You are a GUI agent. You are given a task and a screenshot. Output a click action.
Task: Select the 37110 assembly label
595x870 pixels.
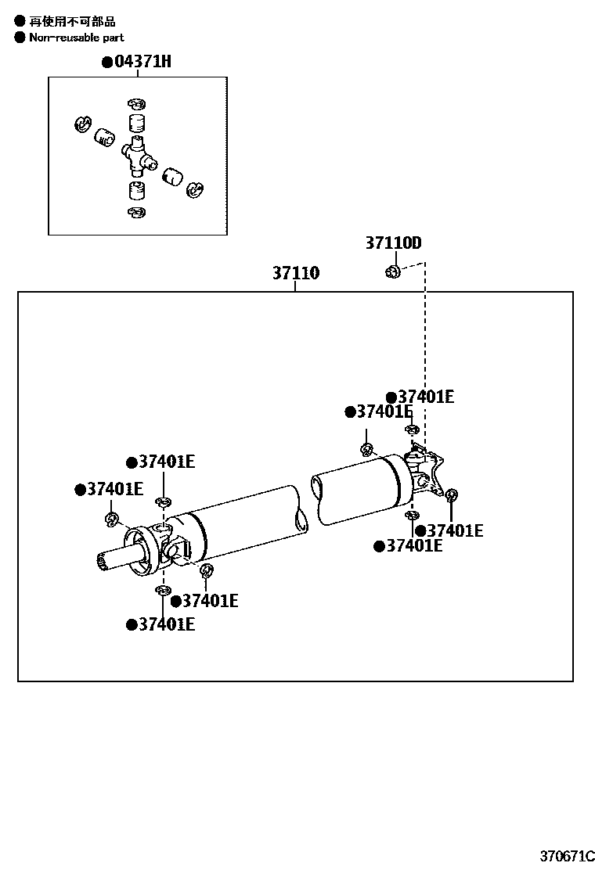click(296, 273)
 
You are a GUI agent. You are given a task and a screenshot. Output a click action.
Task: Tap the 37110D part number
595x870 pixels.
click(393, 243)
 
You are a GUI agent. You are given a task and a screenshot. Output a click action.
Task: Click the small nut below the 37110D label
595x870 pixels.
click(393, 271)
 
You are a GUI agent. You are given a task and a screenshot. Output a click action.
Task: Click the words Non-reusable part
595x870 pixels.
click(77, 37)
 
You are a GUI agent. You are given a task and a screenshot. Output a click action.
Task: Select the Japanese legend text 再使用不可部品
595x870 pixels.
click(72, 21)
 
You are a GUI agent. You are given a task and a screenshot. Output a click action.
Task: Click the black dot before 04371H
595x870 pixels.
click(107, 63)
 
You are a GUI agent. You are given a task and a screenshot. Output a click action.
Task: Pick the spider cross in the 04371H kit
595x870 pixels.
click(137, 152)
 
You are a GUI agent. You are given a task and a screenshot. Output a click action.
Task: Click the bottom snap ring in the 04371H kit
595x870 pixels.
click(135, 212)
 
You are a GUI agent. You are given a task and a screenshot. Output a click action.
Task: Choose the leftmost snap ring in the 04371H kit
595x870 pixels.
click(81, 124)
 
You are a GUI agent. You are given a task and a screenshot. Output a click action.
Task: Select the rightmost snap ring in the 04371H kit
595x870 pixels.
click(194, 189)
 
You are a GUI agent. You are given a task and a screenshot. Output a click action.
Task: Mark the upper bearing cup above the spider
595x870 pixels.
click(137, 124)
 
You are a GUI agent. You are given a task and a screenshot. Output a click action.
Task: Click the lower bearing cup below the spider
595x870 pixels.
click(136, 190)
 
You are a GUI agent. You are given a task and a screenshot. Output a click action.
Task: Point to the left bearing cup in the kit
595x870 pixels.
click(104, 137)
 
